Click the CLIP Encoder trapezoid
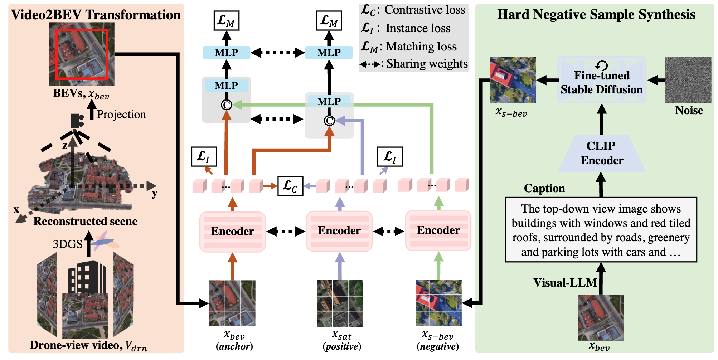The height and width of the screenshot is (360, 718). point(601,153)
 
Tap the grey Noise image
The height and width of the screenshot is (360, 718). point(688,80)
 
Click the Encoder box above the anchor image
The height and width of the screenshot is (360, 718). point(232,232)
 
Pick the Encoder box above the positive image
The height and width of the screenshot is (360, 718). point(339,231)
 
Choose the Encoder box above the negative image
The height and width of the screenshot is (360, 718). point(438,230)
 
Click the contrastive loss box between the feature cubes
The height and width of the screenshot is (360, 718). point(290,186)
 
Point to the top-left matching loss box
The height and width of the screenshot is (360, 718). point(226,20)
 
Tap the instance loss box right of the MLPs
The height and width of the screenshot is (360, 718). point(390,157)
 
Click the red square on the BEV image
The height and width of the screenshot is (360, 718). point(82,54)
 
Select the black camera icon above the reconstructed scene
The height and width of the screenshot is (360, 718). point(77,121)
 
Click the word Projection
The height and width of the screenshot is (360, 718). point(121,114)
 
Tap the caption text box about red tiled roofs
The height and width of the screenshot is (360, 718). point(601,230)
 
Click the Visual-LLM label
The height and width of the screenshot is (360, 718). point(565,283)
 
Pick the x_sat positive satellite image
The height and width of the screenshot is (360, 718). point(340,303)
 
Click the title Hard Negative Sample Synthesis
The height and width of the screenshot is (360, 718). point(596,15)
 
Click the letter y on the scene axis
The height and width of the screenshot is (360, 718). point(155,194)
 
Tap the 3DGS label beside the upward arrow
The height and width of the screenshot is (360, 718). point(67,244)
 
